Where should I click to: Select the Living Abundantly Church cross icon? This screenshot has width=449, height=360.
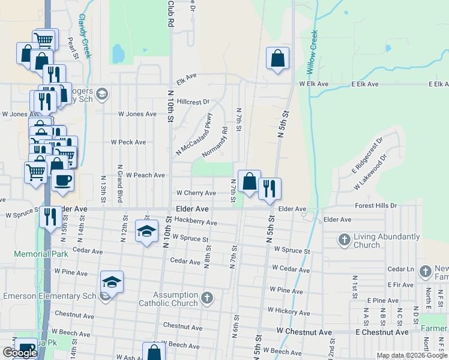click(x=345, y=241)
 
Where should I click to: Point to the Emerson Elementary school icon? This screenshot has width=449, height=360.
click(x=112, y=282)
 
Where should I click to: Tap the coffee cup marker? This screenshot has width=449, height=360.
click(x=63, y=180)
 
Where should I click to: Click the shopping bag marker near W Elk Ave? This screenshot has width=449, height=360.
click(x=277, y=59)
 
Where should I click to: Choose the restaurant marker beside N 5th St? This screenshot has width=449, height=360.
click(x=270, y=188)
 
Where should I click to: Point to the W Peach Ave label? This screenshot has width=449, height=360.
click(x=145, y=175)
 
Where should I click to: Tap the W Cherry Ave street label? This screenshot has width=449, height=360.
click(x=195, y=193)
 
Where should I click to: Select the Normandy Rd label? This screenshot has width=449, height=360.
click(x=215, y=143)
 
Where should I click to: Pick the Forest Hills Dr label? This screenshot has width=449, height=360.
click(x=376, y=205)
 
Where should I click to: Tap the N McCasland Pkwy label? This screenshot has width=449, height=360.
click(x=193, y=135)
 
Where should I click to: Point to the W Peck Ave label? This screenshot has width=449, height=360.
click(x=128, y=142)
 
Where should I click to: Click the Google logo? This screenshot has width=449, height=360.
click(x=20, y=353)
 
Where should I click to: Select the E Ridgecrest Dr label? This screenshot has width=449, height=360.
click(x=367, y=157)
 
